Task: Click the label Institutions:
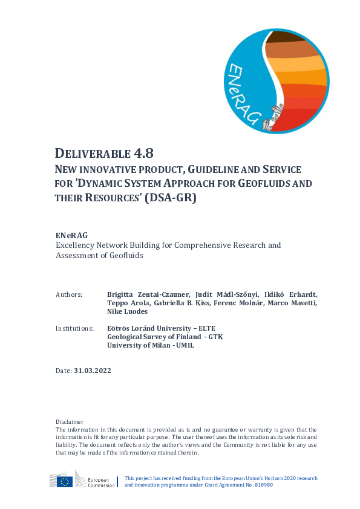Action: point(74,328)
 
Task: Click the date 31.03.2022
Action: point(93,371)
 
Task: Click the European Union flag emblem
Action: point(65,482)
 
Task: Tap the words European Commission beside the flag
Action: point(100,482)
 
